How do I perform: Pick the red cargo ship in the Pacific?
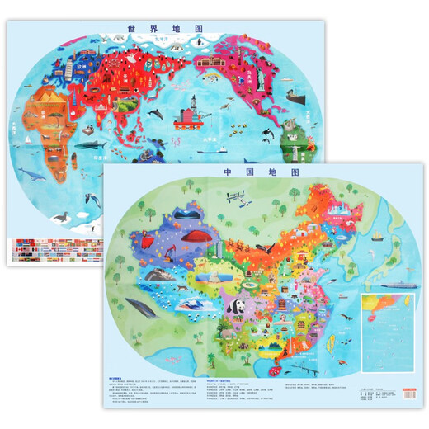(189, 134)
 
